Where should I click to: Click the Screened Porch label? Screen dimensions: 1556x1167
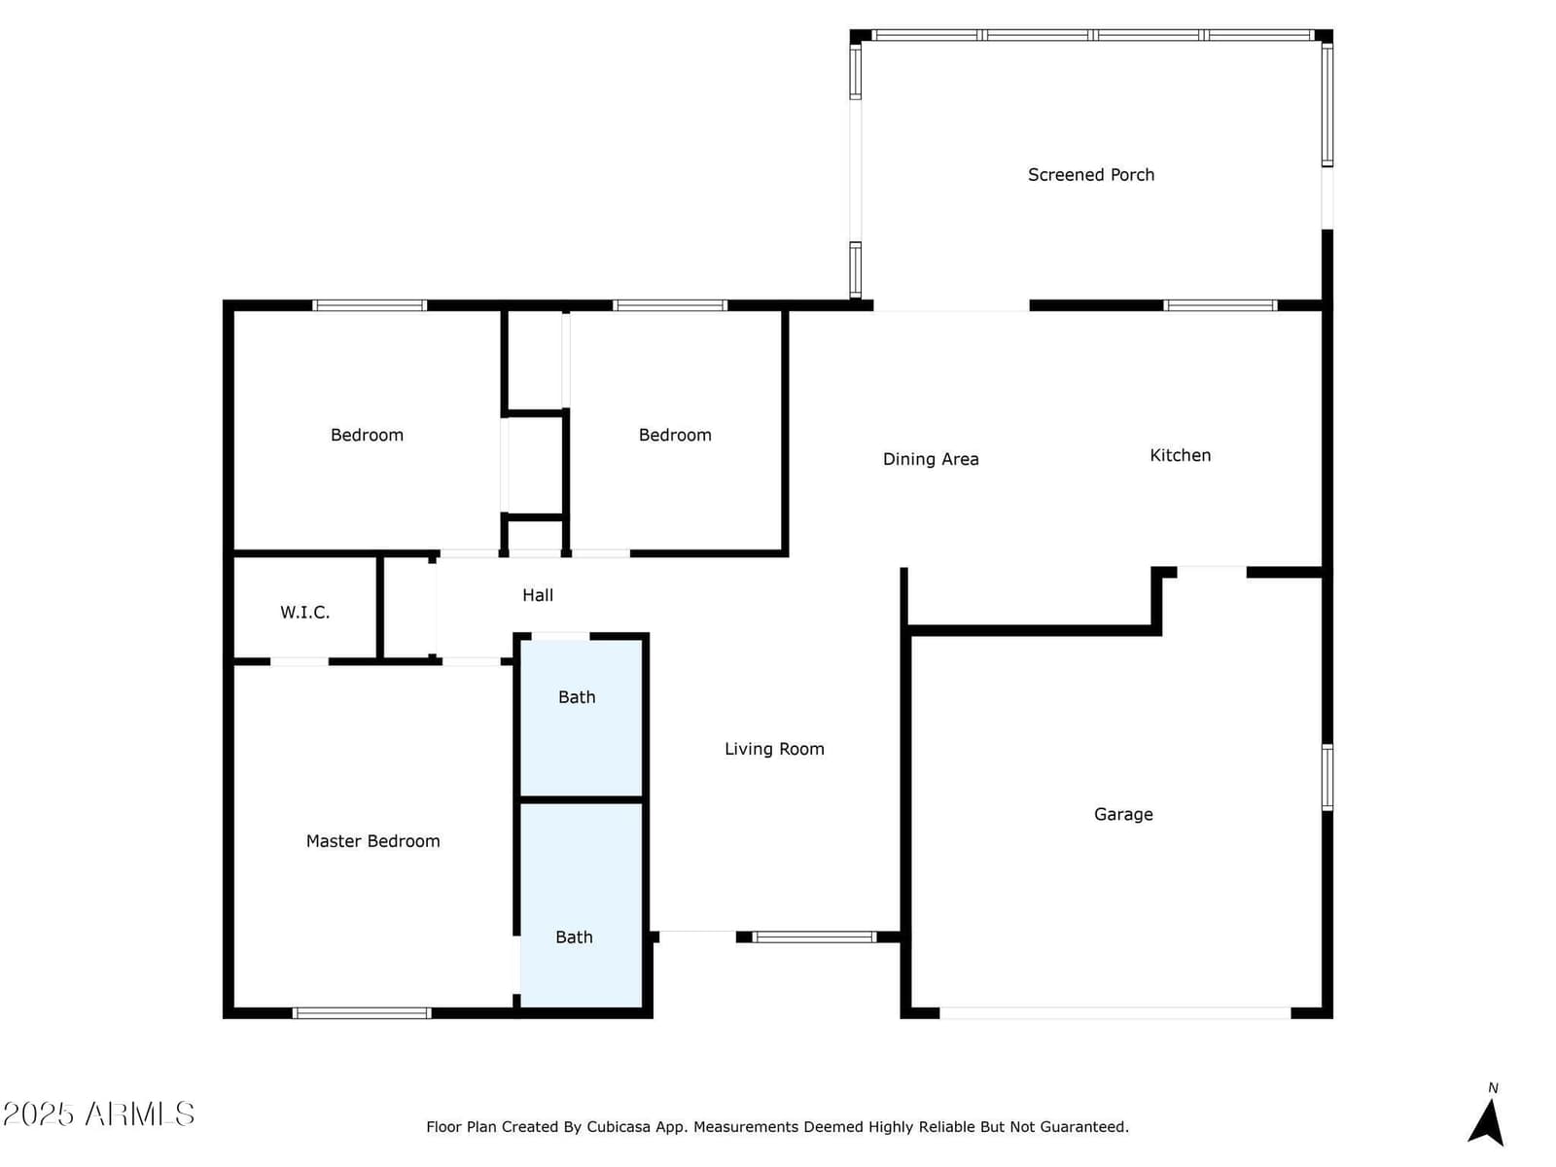pyautogui.click(x=1090, y=174)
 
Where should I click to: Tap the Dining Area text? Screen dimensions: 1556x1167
pyautogui.click(x=930, y=458)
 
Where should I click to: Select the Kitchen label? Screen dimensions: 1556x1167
pyautogui.click(x=1180, y=455)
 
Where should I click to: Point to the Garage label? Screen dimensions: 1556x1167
pyautogui.click(x=1123, y=814)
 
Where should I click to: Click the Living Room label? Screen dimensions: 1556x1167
pyautogui.click(x=774, y=749)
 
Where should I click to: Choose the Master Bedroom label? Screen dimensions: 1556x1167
pyautogui.click(x=372, y=841)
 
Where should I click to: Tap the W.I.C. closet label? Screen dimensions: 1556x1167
pyautogui.click(x=304, y=613)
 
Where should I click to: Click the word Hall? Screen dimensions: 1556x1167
pyautogui.click(x=538, y=595)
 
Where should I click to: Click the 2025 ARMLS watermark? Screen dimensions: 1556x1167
pyautogui.click(x=98, y=1114)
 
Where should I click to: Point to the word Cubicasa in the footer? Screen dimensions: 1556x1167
pyautogui.click(x=619, y=1126)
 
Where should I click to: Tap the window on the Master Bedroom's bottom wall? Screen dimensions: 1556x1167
pyautogui.click(x=362, y=1013)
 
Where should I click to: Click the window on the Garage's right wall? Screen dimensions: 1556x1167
pyautogui.click(x=1327, y=777)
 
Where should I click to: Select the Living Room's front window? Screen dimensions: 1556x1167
pyautogui.click(x=815, y=937)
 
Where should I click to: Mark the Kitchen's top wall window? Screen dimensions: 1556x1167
pyautogui.click(x=1220, y=305)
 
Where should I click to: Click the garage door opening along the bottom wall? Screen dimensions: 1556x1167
pyautogui.click(x=1115, y=1013)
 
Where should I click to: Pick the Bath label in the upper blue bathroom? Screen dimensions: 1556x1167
pyautogui.click(x=577, y=697)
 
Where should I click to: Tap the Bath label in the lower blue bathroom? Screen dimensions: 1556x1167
pyautogui.click(x=574, y=937)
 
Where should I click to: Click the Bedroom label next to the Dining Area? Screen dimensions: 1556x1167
pyautogui.click(x=675, y=435)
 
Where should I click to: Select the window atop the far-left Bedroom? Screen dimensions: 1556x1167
pyautogui.click(x=370, y=305)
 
